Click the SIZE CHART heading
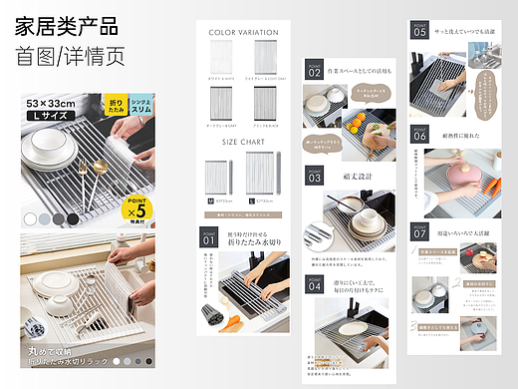(243, 142)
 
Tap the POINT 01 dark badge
(209, 239)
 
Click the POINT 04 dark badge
(314, 284)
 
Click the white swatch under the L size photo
(31, 217)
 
